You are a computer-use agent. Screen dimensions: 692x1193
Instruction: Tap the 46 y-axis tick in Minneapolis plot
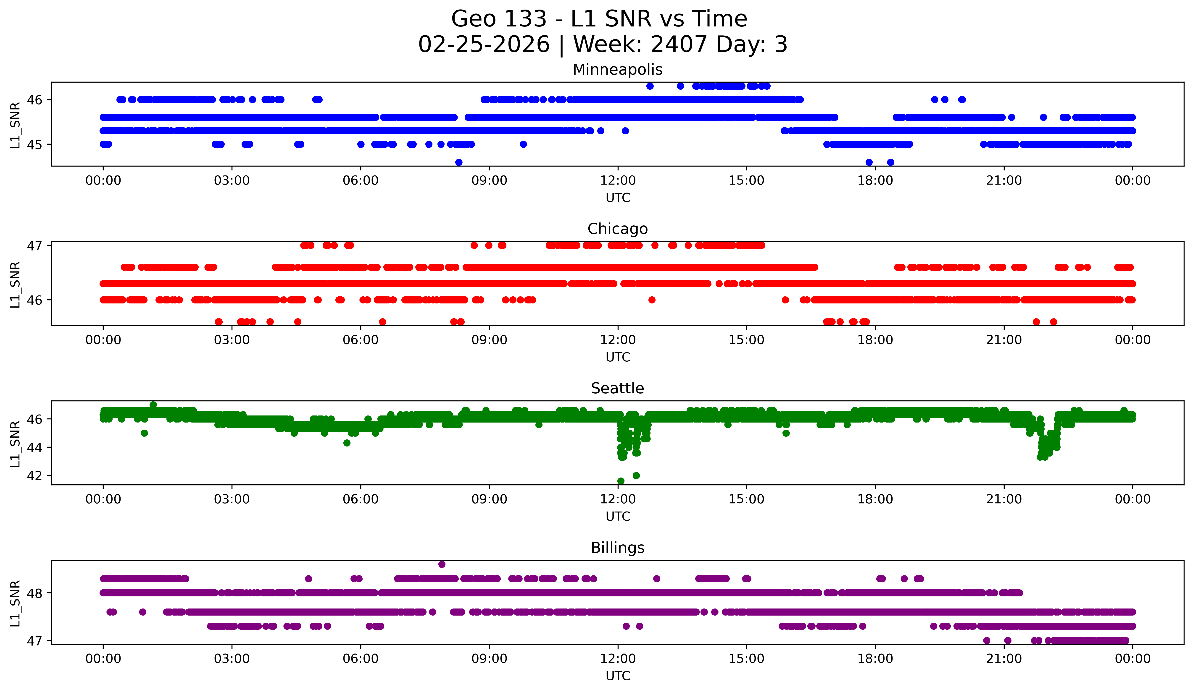tap(34, 100)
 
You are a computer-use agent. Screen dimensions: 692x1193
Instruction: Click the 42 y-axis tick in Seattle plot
tap(34, 476)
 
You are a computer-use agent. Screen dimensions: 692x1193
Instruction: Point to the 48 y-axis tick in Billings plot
tap(34, 593)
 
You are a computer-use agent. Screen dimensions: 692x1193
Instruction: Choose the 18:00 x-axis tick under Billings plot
tap(875, 659)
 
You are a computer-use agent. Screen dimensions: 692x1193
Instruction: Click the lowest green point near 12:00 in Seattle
tap(621, 481)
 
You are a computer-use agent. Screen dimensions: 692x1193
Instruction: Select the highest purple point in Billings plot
tap(442, 564)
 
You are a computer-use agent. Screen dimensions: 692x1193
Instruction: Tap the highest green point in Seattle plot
tap(153, 405)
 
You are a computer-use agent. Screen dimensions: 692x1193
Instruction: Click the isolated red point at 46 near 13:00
tap(652, 300)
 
